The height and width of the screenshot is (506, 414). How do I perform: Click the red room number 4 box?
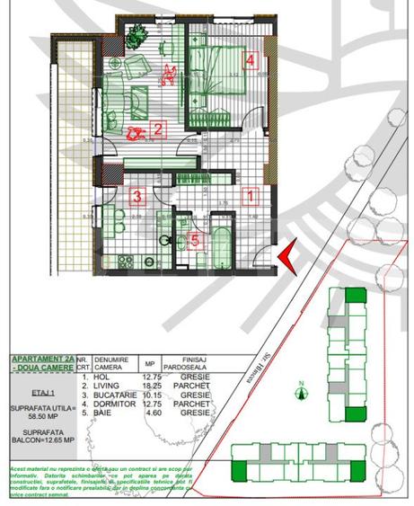point(251,62)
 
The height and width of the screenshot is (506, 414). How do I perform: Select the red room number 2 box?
point(156,129)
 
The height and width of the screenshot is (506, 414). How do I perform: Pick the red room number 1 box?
point(251,193)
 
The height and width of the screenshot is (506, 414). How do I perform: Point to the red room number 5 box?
point(197,240)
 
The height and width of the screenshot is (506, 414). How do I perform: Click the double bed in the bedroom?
point(218,73)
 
